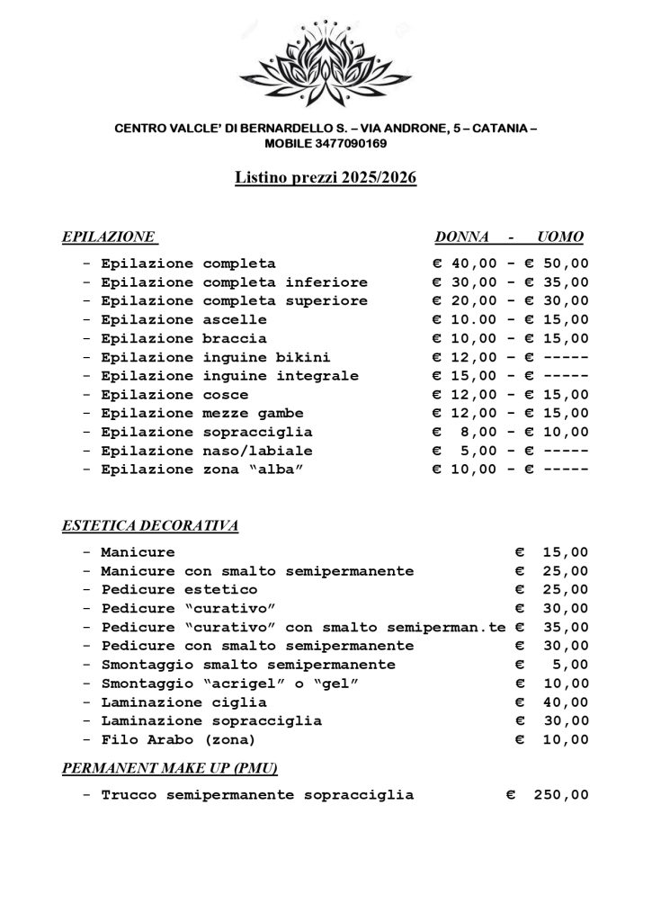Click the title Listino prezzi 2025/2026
(326, 180)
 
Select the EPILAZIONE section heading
(109, 237)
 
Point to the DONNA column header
(461, 237)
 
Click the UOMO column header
(559, 237)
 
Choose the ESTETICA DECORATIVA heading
(149, 526)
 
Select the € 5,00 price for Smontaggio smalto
(558, 666)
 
